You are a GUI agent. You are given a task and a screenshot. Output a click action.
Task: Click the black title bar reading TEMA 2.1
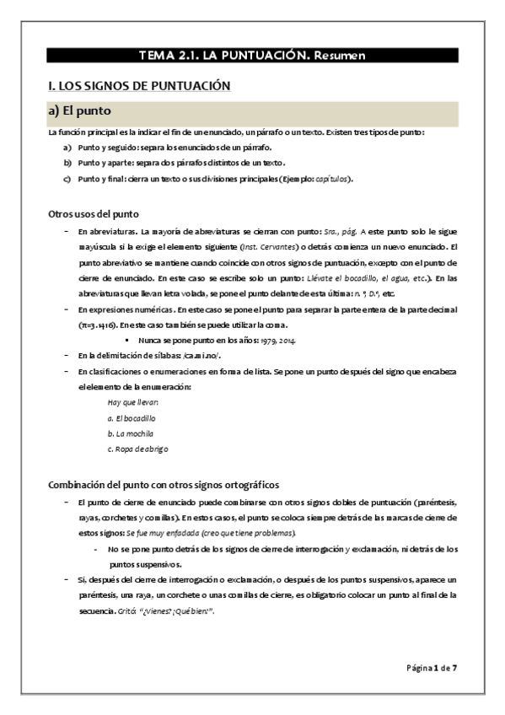click(x=252, y=56)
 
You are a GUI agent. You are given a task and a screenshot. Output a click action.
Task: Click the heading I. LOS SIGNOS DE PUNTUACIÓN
click(x=138, y=85)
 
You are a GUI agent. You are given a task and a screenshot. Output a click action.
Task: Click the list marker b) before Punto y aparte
click(x=67, y=163)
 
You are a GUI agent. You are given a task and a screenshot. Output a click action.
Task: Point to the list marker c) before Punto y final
click(x=67, y=179)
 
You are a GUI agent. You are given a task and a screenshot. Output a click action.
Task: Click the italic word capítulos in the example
click(x=332, y=179)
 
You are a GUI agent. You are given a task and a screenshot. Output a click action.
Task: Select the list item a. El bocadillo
click(x=132, y=418)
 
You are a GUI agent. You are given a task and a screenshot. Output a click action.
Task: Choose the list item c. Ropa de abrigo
click(x=137, y=449)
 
